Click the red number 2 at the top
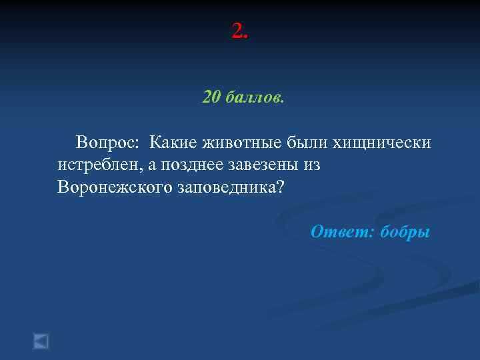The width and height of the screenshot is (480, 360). pos(237,30)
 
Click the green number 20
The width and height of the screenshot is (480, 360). pos(211,98)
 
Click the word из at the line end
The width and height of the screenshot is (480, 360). pos(312,165)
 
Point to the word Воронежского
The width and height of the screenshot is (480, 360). pos(115,187)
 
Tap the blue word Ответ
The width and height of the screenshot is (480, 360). pos(342,232)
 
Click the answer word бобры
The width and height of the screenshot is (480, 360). pos(405,232)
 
